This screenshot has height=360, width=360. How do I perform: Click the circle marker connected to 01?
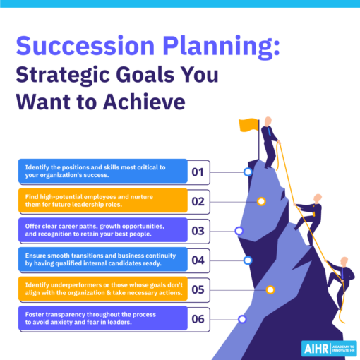247,172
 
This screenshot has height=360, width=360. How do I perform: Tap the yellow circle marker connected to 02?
261,201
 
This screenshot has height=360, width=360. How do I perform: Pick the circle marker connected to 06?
242,319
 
